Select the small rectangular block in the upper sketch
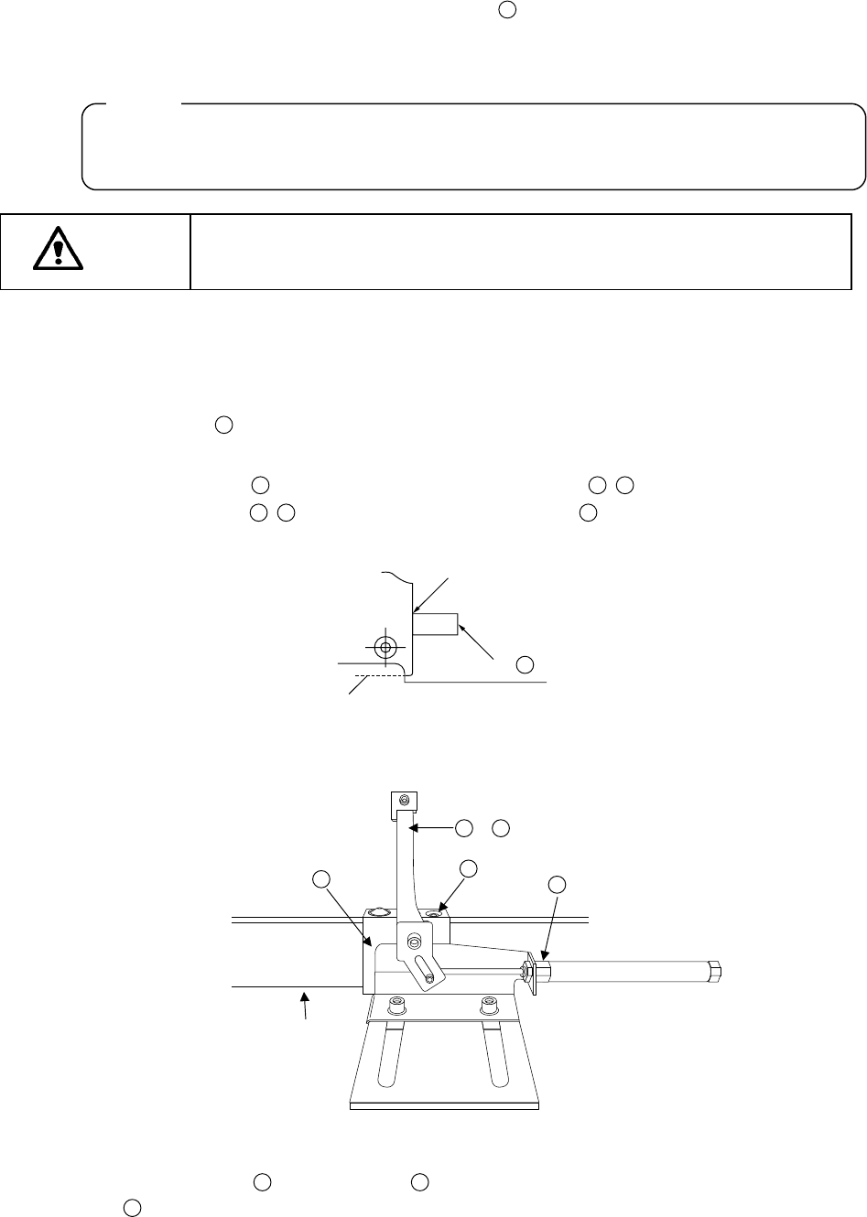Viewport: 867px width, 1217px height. pos(435,625)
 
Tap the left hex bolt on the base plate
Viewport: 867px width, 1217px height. pos(396,1007)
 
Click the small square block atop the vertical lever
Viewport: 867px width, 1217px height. pos(404,803)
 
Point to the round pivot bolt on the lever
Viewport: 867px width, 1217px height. pos(414,942)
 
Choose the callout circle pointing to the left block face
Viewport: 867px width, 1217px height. pos(320,879)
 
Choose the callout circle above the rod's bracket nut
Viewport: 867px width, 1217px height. pos(557,884)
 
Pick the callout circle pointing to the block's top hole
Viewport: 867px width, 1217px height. pos(468,867)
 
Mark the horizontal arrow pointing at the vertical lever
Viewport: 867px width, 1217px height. pos(430,828)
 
